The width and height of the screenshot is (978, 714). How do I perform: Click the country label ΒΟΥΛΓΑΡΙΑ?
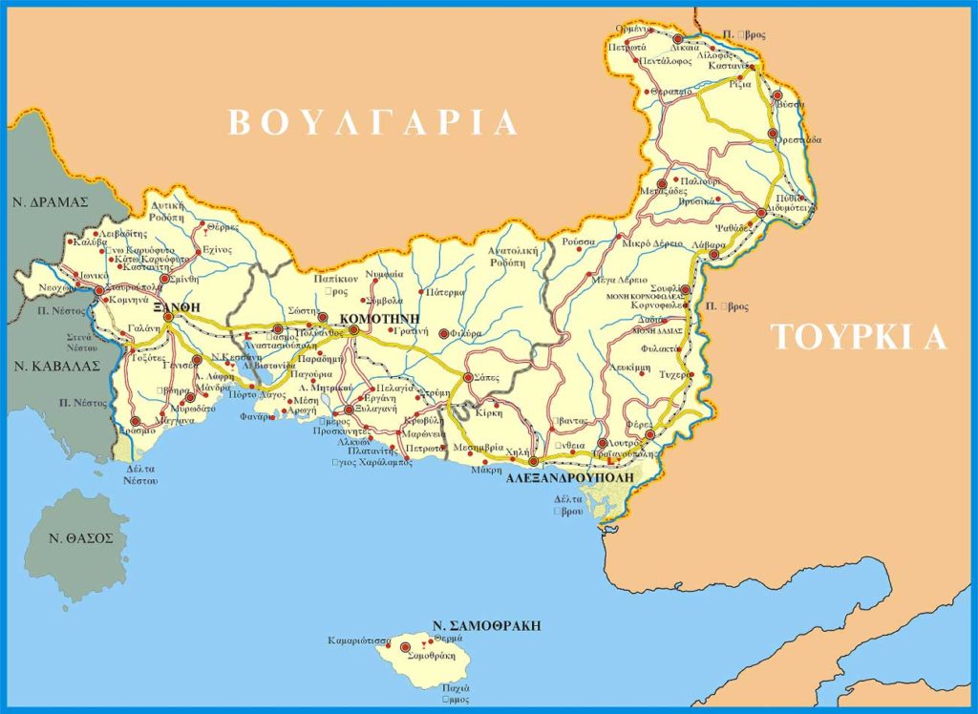tap(372, 123)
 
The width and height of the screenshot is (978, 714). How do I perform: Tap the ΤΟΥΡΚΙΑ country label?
tap(859, 338)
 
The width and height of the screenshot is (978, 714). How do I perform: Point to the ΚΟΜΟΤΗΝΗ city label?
tap(380, 316)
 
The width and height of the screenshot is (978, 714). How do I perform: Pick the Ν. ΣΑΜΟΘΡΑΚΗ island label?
tap(486, 626)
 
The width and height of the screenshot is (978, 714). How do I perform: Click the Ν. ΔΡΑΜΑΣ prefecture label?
tap(50, 201)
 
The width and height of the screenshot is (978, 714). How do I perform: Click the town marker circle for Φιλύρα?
tap(443, 334)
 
